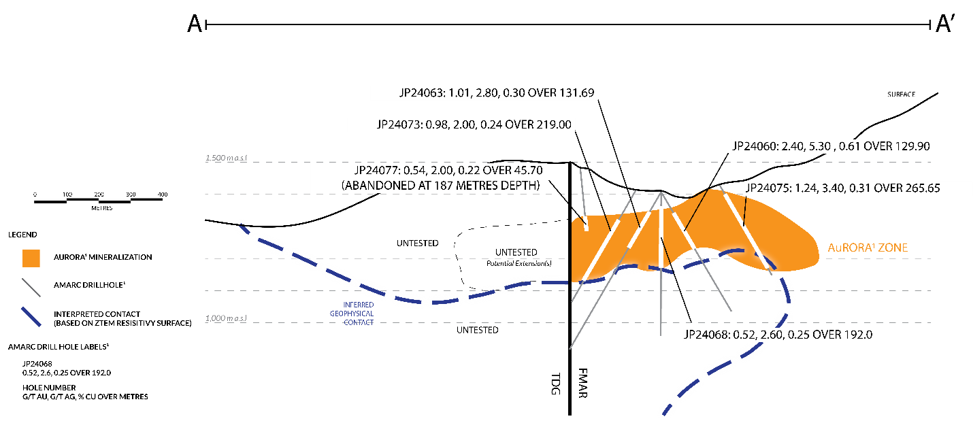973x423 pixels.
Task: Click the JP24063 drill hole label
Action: click(421, 93)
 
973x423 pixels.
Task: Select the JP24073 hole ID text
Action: click(399, 125)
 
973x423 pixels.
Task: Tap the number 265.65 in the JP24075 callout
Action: click(919, 188)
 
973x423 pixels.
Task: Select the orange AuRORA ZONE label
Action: click(868, 249)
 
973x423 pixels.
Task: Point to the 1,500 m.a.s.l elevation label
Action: click(227, 158)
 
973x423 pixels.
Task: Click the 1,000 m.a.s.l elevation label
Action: click(227, 318)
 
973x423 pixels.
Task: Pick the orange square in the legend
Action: click(31, 258)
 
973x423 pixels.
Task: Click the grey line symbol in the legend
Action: click(31, 288)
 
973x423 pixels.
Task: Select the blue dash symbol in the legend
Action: click(31, 317)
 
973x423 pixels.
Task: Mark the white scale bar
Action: click(99, 200)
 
